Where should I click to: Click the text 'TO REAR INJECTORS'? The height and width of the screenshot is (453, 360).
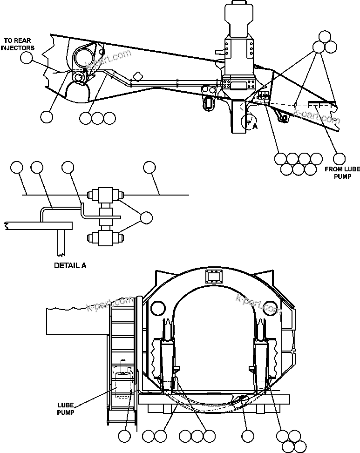pos(18,44)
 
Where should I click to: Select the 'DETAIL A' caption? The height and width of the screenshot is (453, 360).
pos(70,266)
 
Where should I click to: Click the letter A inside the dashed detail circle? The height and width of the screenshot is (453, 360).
pos(254,125)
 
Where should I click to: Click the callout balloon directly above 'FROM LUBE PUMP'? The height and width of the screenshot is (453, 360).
pos(340,158)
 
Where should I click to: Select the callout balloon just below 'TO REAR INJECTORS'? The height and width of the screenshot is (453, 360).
pos(27,57)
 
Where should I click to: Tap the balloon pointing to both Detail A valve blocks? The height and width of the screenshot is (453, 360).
pos(146,217)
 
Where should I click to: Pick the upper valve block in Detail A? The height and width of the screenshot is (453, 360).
pos(106,194)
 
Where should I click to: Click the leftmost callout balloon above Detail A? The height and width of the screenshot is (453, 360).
pos(17,167)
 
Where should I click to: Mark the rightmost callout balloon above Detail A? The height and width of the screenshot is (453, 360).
pos(149,167)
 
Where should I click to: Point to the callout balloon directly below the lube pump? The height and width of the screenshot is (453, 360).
pos(124,436)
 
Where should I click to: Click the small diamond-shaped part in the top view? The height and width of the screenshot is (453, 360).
pos(137,76)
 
